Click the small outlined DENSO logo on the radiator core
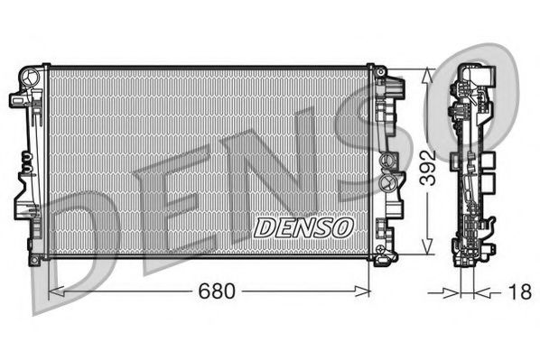click(x=303, y=226)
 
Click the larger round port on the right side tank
click(x=391, y=162)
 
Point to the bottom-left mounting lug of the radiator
click(x=34, y=259)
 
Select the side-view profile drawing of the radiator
click(x=470, y=162)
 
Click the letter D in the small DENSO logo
click(x=264, y=227)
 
